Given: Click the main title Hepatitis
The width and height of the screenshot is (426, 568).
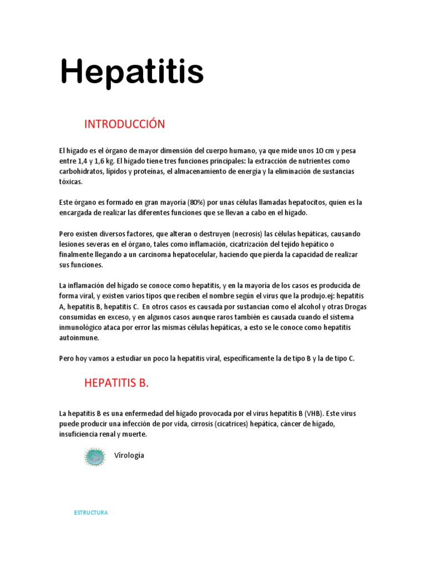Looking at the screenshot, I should (x=132, y=73).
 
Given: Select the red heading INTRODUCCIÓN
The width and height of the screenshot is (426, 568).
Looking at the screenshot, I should (x=124, y=124).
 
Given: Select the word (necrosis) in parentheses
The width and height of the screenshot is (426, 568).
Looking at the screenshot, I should (x=234, y=234).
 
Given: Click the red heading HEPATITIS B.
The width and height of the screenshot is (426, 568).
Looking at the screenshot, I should (x=116, y=383).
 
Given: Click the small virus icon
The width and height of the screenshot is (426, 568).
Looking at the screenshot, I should (x=95, y=457).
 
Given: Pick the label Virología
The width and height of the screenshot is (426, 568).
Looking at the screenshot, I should (x=129, y=455).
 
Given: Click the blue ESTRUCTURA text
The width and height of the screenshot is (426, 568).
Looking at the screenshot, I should (x=91, y=513).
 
